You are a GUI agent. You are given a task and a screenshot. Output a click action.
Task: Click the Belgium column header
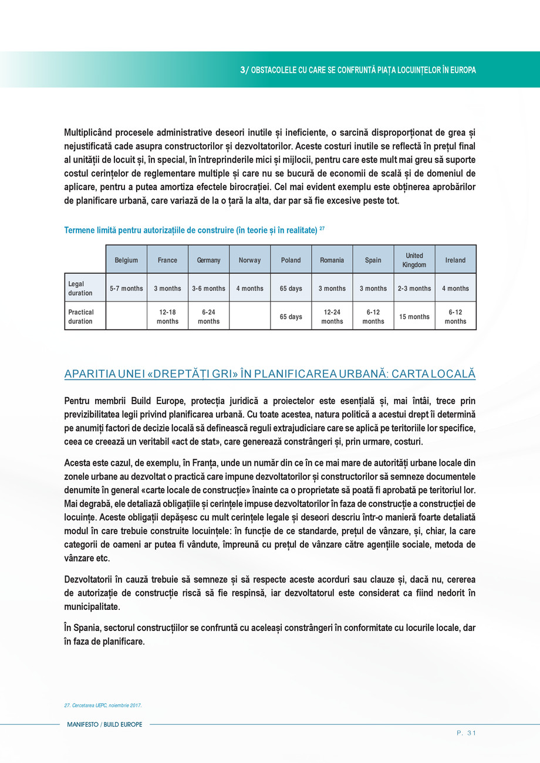[126, 260]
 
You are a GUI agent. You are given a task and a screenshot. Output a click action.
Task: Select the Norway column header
[249, 260]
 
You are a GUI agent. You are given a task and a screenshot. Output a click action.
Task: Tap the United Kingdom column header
[414, 260]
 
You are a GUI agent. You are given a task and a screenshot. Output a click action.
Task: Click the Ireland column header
[455, 260]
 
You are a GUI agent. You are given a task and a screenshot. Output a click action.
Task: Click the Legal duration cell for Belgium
[126, 288]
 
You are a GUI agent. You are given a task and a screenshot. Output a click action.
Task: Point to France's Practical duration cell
[167, 317]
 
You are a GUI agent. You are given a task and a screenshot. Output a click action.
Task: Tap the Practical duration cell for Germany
[208, 317]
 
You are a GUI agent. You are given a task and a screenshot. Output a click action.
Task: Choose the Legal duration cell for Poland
[291, 288]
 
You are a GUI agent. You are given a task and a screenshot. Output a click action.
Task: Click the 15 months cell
[414, 317]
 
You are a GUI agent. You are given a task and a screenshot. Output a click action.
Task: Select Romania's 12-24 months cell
[332, 317]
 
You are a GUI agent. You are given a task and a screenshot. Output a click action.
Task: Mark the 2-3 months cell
[414, 288]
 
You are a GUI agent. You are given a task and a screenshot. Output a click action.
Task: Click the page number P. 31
[466, 732]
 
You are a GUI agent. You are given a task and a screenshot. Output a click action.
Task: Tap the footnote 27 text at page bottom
[103, 705]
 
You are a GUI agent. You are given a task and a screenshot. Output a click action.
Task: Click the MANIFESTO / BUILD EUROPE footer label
[103, 725]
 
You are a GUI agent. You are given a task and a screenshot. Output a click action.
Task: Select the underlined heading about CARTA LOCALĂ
[269, 374]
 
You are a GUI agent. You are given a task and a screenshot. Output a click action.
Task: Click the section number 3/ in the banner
[245, 69]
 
